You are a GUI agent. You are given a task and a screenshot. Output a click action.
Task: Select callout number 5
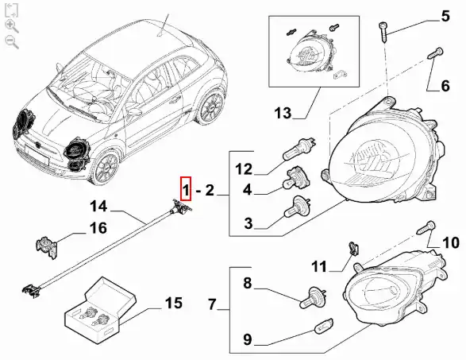(445, 16)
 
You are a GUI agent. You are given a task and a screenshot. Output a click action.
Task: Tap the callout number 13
(283, 113)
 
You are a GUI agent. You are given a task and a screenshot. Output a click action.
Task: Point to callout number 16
(98, 228)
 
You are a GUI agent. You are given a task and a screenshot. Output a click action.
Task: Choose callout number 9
(247, 339)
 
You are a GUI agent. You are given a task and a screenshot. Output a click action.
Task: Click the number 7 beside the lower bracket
(212, 304)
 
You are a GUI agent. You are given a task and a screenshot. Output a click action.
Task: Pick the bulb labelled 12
(299, 149)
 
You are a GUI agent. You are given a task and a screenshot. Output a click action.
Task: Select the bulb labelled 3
(297, 207)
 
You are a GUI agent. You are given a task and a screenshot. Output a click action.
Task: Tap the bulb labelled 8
(313, 297)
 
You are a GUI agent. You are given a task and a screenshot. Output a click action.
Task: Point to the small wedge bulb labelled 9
(324, 326)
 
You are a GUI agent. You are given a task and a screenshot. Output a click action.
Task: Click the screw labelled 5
(383, 32)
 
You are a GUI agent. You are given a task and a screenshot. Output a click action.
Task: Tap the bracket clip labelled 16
(47, 247)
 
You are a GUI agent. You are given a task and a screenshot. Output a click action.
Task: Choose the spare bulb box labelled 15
(100, 309)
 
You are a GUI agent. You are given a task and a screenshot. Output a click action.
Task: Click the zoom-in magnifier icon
(12, 26)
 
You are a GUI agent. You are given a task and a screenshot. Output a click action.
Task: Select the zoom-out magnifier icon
(12, 41)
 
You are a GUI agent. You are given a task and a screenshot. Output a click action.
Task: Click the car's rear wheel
(211, 106)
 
